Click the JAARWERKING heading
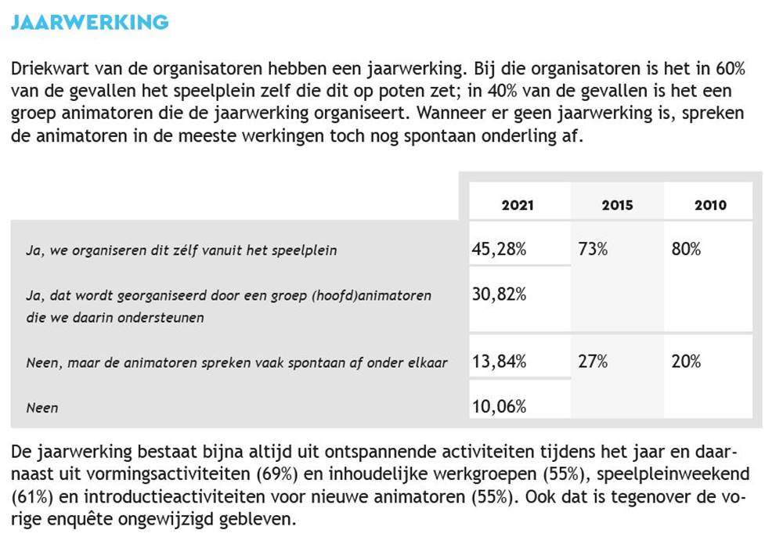coord(89,22)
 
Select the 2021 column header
coord(518,205)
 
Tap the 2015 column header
coord(617,205)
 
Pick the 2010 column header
coord(710,205)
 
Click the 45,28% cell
coord(499,250)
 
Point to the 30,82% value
coord(499,294)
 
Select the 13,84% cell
coord(499,362)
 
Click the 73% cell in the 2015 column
coord(593,250)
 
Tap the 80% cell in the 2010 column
coord(686,250)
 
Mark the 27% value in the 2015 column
coord(593,362)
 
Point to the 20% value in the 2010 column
coord(686,362)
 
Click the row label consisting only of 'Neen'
coord(42,407)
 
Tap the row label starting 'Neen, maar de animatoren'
coord(236,362)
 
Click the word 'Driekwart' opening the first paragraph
coord(47,68)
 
